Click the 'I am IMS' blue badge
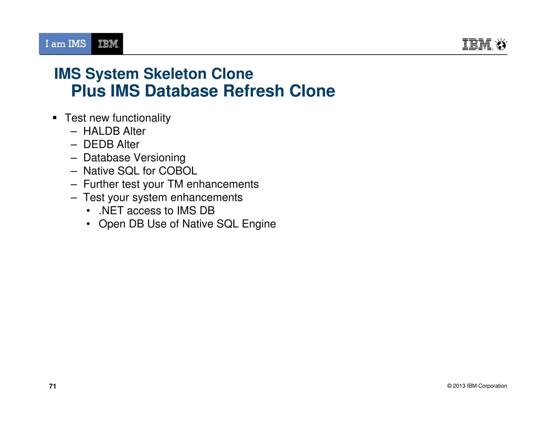click(x=65, y=44)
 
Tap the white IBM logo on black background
click(x=108, y=44)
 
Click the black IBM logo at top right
click(x=477, y=44)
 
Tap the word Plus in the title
click(x=88, y=91)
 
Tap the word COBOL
click(x=178, y=171)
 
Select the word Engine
click(x=259, y=224)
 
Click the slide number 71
click(x=53, y=386)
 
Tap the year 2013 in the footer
click(x=459, y=386)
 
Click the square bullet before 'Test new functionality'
click(x=55, y=118)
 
